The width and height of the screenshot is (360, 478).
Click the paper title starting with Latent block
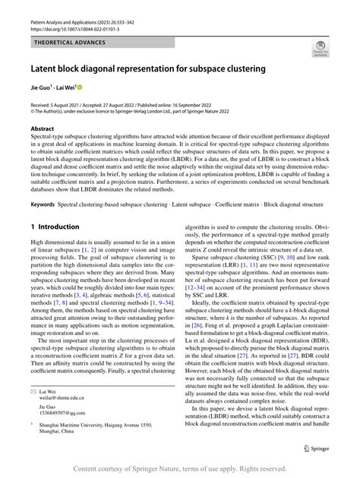(x=148, y=68)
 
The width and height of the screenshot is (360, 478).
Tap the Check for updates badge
(x=320, y=50)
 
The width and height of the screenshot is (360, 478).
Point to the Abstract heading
(x=43, y=130)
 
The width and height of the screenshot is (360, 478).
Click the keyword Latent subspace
(x=186, y=204)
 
